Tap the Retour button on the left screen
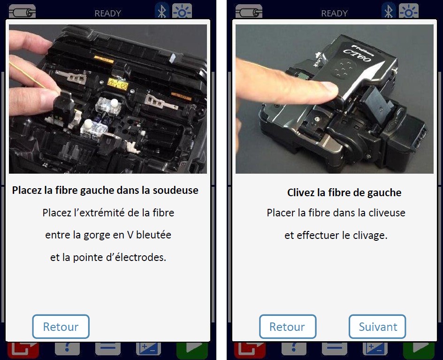click(61, 327)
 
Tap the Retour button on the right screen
click(288, 327)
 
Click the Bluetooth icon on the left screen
click(162, 11)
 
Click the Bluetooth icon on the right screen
click(389, 11)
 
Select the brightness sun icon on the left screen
click(182, 11)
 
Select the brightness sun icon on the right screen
click(409, 11)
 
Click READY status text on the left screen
click(107, 13)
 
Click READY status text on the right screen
click(334, 13)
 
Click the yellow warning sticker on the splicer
click(118, 84)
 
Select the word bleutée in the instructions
click(154, 235)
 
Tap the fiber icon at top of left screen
click(23, 12)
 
